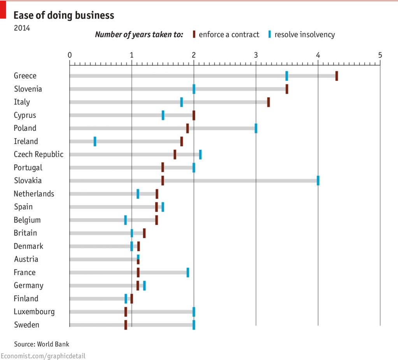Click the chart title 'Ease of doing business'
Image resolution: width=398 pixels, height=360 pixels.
[64, 15]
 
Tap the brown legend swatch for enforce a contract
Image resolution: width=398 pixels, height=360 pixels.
[194, 34]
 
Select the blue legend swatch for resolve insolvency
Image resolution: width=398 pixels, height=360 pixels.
[269, 34]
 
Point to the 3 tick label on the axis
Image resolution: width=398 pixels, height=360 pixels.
[256, 55]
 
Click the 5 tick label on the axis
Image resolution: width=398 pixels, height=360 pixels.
[380, 55]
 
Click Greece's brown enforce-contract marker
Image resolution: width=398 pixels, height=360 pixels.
[337, 76]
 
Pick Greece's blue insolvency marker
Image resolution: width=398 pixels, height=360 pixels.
[287, 76]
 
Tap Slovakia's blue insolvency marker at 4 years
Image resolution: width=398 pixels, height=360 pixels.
[318, 181]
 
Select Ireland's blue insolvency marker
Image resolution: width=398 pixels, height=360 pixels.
[95, 141]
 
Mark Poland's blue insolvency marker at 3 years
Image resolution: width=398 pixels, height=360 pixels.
[256, 128]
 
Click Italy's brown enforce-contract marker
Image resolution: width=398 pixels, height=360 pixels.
[268, 102]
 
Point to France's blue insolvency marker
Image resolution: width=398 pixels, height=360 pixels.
[188, 272]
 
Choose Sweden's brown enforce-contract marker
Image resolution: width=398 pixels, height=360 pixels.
[126, 325]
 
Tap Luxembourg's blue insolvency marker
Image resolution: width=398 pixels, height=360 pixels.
[194, 312]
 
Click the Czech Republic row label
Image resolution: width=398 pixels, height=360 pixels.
[39, 155]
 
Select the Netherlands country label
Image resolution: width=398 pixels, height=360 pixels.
[34, 194]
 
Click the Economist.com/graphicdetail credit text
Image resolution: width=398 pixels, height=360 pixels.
[43, 356]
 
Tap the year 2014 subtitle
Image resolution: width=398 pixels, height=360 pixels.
[22, 28]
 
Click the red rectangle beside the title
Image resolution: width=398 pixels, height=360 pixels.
[3, 10]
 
